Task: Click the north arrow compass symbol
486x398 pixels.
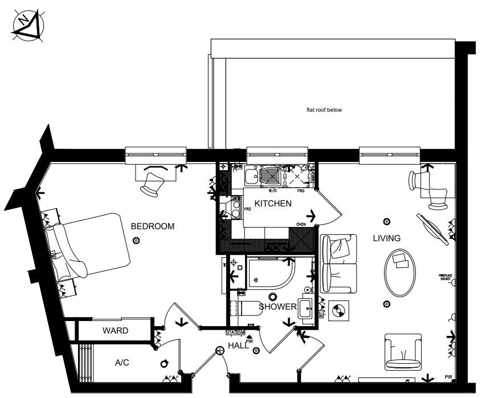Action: (29, 26)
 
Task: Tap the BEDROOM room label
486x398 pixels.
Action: (153, 226)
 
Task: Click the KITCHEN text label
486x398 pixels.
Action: (273, 204)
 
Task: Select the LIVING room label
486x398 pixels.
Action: (387, 238)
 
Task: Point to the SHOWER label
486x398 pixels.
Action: (277, 307)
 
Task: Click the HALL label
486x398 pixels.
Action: (238, 346)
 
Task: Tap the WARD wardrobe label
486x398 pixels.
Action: (115, 331)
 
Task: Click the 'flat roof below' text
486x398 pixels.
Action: (324, 110)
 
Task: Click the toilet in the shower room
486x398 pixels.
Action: (247, 308)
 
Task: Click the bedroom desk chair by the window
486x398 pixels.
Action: (153, 182)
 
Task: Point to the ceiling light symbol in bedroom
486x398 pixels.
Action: (136, 241)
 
